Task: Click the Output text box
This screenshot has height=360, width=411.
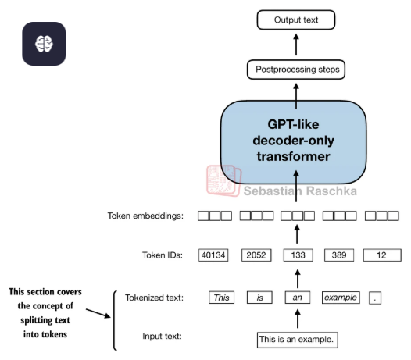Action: click(296, 20)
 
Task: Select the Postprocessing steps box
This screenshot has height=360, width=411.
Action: click(296, 70)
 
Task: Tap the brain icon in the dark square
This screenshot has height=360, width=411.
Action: click(44, 44)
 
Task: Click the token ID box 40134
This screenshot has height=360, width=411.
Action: click(213, 255)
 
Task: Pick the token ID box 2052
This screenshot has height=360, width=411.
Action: click(256, 255)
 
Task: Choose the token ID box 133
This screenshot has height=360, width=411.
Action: click(298, 255)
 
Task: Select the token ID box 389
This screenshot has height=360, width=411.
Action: click(339, 255)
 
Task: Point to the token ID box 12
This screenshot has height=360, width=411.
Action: click(382, 255)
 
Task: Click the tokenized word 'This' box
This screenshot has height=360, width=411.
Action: click(221, 298)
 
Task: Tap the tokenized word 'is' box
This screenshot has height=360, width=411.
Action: click(259, 298)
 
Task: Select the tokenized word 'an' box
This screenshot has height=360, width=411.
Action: click(298, 298)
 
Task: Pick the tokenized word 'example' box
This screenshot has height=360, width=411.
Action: click(341, 298)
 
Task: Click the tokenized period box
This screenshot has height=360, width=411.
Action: click(375, 298)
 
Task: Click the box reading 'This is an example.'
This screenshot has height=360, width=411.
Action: click(298, 340)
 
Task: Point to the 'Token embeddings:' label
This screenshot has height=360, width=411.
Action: click(145, 216)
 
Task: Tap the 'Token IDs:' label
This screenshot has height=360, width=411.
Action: click(163, 255)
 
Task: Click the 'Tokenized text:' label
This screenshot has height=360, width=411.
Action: click(154, 298)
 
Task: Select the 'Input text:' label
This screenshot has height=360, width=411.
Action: click(162, 336)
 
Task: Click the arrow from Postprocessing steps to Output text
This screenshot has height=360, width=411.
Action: click(296, 45)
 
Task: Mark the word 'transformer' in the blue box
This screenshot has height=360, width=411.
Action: click(293, 157)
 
